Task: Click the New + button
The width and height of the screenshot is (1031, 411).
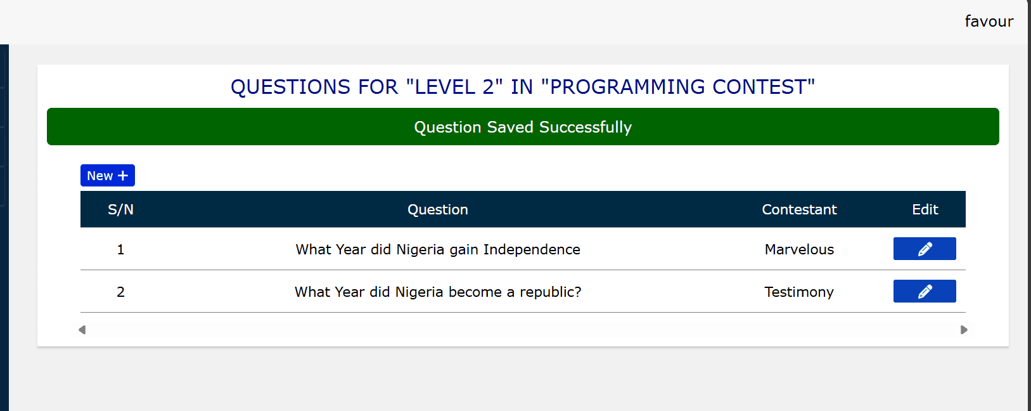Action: pos(108,176)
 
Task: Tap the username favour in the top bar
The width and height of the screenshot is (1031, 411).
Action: pos(989,21)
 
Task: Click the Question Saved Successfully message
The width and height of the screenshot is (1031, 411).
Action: pos(523,127)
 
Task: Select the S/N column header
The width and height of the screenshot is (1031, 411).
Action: pos(120,210)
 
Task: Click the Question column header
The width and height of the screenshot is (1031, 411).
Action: pos(438,210)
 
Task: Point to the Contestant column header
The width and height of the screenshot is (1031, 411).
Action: pos(800,210)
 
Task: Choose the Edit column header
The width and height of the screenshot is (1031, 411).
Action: pos(925,210)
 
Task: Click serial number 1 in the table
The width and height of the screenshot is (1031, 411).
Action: pos(120,250)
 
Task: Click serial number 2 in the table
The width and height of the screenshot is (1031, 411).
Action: pos(120,292)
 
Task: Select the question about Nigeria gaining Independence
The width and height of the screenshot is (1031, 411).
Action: pos(438,250)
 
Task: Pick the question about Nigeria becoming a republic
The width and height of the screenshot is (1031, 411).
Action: pos(438,292)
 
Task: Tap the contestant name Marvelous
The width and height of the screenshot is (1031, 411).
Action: pos(800,250)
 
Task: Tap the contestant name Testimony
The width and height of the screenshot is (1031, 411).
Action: pos(799,292)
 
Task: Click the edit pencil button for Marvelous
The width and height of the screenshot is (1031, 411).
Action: pos(925,249)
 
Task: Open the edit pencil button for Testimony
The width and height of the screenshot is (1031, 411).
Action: pos(925,291)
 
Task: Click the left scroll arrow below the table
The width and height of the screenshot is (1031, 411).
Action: pos(82,330)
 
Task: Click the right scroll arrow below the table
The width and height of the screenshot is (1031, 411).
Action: pos(964,330)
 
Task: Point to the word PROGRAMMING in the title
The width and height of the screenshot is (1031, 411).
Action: pos(627,87)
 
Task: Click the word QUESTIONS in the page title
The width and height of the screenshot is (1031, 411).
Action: pos(290,87)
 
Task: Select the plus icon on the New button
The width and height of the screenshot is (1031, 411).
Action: pos(123,176)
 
